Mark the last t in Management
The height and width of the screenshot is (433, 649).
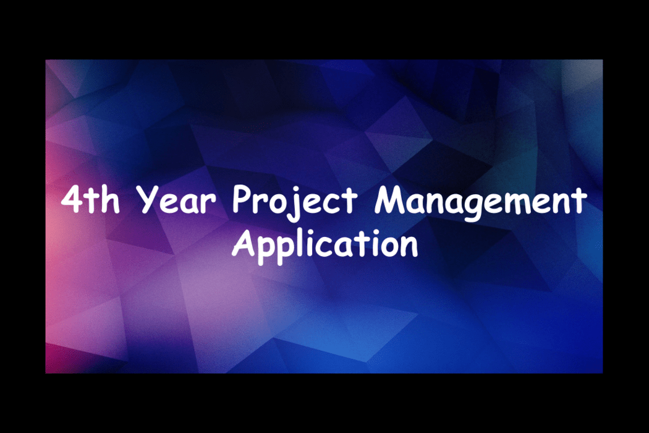point(578,201)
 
